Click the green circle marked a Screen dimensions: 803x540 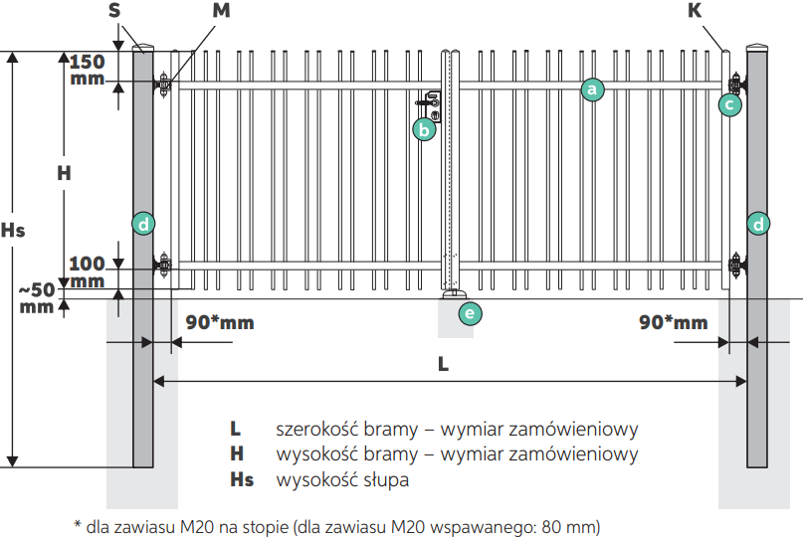pyautogui.click(x=592, y=90)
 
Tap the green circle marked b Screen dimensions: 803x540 pyautogui.click(x=425, y=130)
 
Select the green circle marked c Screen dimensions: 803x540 pyautogui.click(x=729, y=105)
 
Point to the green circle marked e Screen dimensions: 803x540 pyautogui.click(x=470, y=313)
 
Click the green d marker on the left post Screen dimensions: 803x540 pyautogui.click(x=143, y=224)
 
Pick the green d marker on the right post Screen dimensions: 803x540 pyautogui.click(x=758, y=224)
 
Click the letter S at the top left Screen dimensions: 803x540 pyautogui.click(x=114, y=10)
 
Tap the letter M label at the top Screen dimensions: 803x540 pyautogui.click(x=221, y=10)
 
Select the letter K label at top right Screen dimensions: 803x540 pyautogui.click(x=695, y=10)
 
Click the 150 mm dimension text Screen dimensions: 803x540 pyautogui.click(x=87, y=71)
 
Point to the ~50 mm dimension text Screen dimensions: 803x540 pyautogui.click(x=37, y=298)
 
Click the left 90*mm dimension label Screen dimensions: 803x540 pyautogui.click(x=220, y=322)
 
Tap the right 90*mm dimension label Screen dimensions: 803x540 pyautogui.click(x=674, y=322)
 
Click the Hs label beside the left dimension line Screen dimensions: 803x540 pyautogui.click(x=13, y=231)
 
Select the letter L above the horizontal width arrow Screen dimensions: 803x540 pyautogui.click(x=443, y=364)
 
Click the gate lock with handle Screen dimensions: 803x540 pyautogui.click(x=431, y=106)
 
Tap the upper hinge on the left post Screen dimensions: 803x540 pyautogui.click(x=163, y=83)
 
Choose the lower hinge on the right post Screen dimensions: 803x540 pyautogui.click(x=737, y=266)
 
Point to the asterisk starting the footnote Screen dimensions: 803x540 pyautogui.click(x=78, y=524)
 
